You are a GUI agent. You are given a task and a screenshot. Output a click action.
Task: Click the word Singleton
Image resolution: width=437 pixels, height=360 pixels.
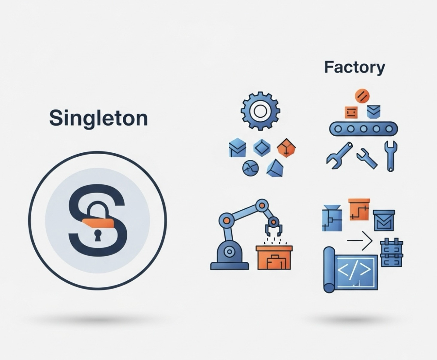point(98,118)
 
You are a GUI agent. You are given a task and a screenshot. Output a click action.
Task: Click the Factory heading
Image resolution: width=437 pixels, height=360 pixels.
point(354,67)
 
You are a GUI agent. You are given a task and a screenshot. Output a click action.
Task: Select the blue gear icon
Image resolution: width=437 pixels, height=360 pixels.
point(260,111)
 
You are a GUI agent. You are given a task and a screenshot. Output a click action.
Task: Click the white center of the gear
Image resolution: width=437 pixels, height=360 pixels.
point(260,111)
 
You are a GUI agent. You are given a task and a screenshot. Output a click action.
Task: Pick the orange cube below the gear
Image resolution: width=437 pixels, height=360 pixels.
point(286,148)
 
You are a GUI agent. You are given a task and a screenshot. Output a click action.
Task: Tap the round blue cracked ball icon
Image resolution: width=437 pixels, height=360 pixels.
point(250,168)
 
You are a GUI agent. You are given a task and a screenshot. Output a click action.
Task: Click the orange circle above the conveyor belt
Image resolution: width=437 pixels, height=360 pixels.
point(362,96)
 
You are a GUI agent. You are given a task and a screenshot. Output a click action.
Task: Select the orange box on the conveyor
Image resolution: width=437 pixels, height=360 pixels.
point(351,112)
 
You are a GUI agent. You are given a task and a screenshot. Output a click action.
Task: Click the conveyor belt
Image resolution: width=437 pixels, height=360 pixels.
point(363,129)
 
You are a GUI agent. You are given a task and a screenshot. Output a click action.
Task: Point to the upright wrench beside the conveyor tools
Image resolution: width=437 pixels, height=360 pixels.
point(390,156)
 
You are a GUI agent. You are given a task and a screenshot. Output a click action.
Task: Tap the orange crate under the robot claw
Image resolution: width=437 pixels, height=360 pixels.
point(274,258)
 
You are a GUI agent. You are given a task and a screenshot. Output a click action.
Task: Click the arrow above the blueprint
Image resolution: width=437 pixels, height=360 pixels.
point(360,240)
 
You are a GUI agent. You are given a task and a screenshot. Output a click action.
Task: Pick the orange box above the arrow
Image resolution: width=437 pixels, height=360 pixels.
point(359,209)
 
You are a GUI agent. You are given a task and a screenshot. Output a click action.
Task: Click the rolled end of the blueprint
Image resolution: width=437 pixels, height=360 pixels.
point(329,270)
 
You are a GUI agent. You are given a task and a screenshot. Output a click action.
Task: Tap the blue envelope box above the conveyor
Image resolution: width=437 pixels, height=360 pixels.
point(373,111)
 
